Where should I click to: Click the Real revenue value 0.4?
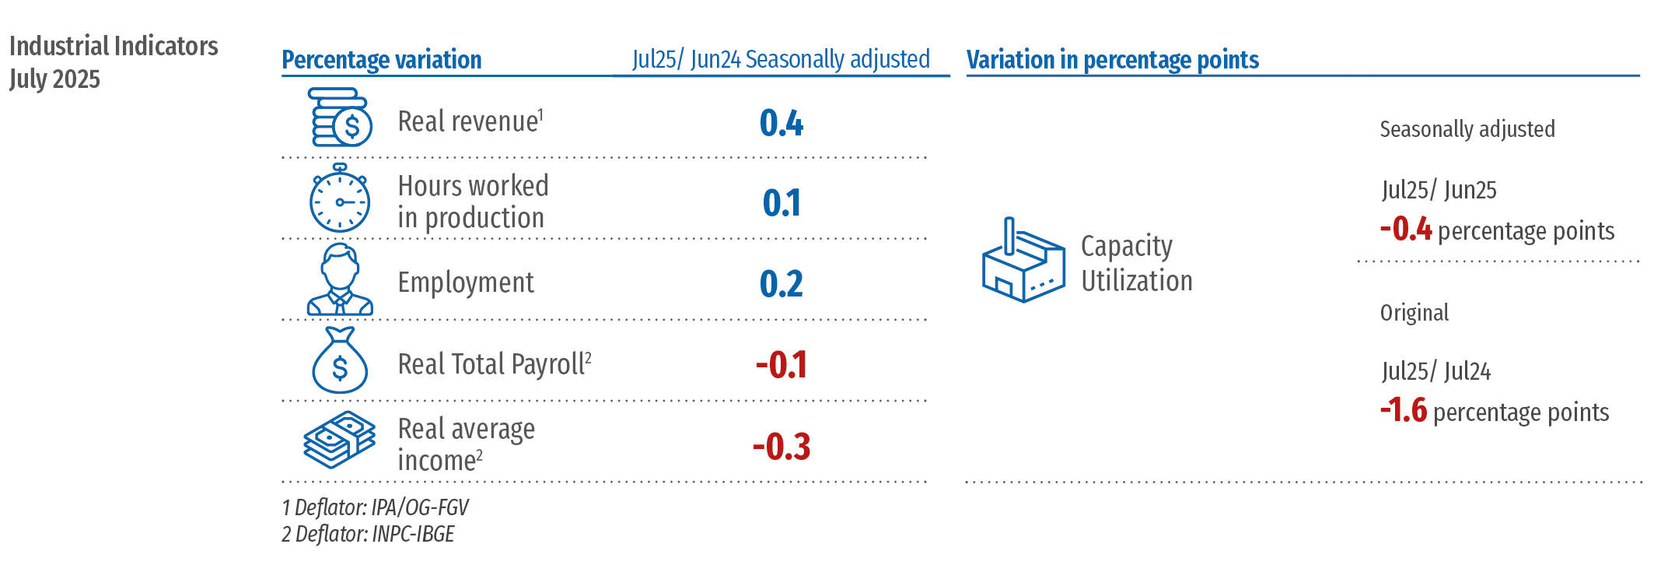click(782, 123)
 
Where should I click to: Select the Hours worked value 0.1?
click(782, 203)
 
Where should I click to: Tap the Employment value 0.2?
click(782, 284)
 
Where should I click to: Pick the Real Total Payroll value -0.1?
click(782, 365)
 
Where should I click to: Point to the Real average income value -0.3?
click(782, 447)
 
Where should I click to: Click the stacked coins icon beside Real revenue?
click(341, 118)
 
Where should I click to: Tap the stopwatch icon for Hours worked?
click(340, 198)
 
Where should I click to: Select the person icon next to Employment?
click(340, 280)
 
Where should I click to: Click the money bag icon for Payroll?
click(340, 361)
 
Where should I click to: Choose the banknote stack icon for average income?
click(340, 440)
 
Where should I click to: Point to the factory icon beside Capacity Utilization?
click(1023, 261)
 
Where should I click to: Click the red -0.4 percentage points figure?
click(1406, 230)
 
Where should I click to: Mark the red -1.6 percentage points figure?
click(1404, 410)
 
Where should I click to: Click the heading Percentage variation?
click(381, 60)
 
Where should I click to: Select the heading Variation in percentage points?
click(1112, 60)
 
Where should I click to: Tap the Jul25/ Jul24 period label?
click(1435, 371)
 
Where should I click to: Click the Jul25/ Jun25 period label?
click(1439, 190)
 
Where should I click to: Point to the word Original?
click(1414, 313)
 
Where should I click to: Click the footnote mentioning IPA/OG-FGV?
click(375, 507)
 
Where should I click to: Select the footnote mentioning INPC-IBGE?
click(368, 534)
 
